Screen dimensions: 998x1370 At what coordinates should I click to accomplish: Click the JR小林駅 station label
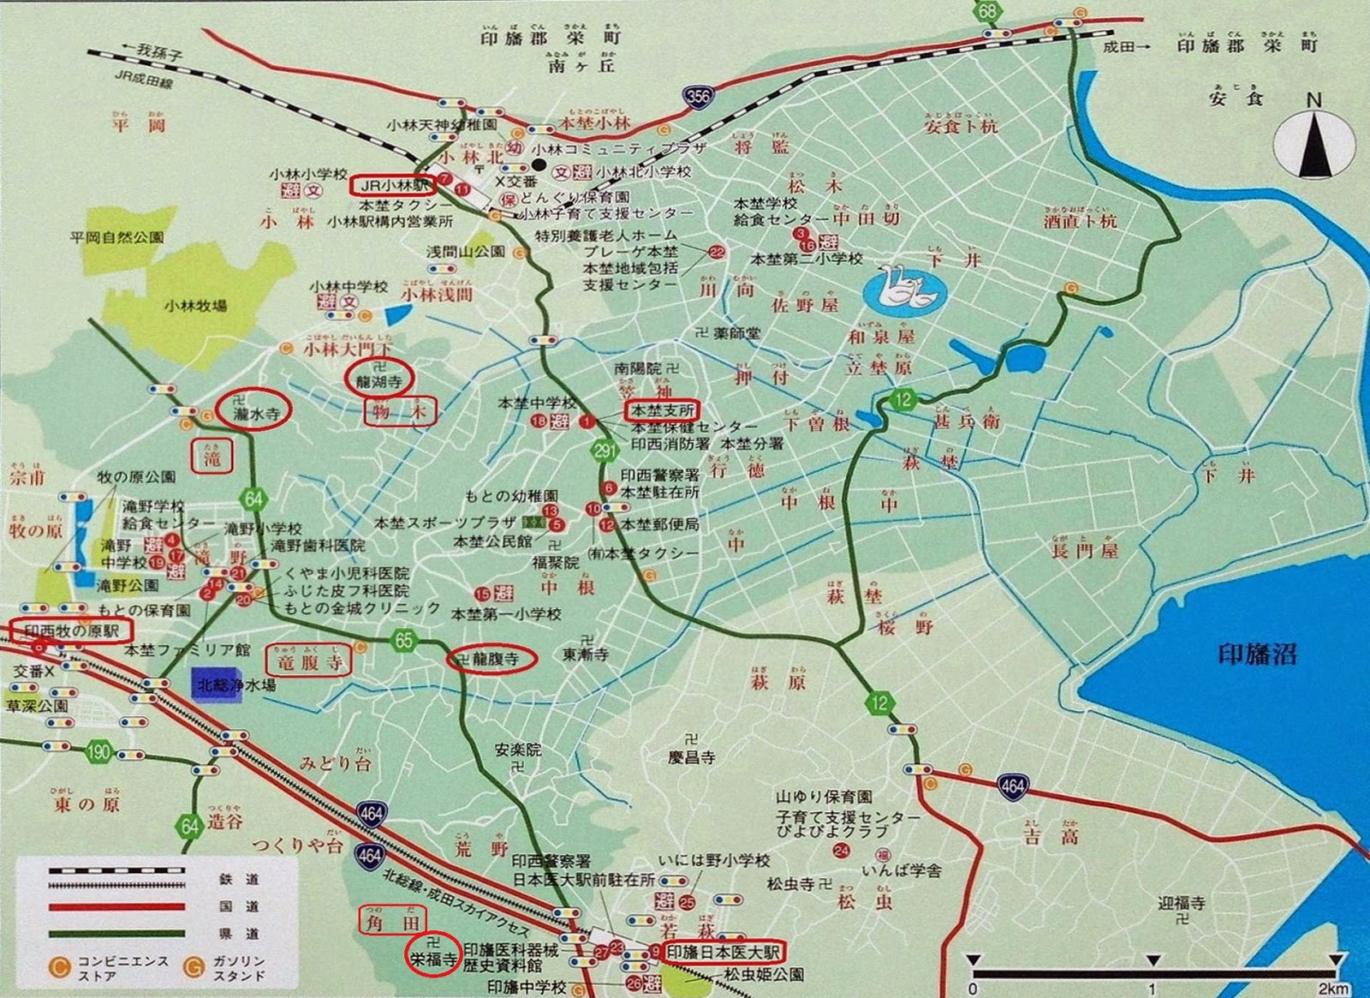(x=394, y=184)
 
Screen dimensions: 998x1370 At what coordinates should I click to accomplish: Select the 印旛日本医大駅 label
(x=724, y=952)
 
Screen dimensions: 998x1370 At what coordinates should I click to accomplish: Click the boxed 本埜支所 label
(x=662, y=410)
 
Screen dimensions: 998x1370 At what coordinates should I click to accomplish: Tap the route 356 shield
(x=698, y=97)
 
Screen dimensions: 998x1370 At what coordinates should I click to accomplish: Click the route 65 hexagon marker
(x=403, y=640)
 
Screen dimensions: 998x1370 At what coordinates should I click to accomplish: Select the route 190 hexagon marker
(x=99, y=753)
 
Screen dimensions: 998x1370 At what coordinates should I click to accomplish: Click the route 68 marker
(x=989, y=11)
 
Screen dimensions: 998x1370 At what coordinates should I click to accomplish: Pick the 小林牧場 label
(x=197, y=306)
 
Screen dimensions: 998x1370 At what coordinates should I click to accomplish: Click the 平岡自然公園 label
(x=116, y=237)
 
